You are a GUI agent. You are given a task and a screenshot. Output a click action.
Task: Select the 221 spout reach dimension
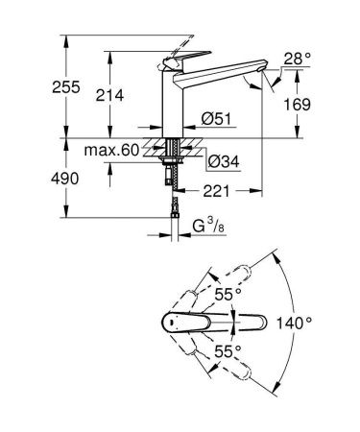[217, 192]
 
